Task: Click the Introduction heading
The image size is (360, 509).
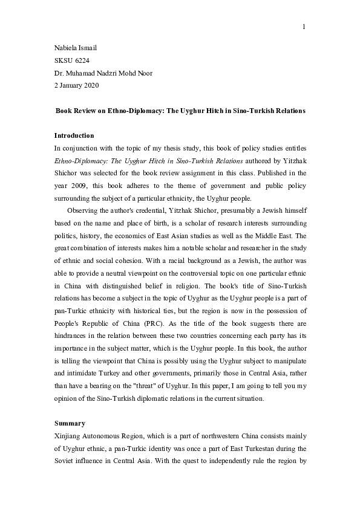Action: click(74, 135)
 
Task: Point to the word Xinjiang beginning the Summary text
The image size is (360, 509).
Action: click(67, 435)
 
